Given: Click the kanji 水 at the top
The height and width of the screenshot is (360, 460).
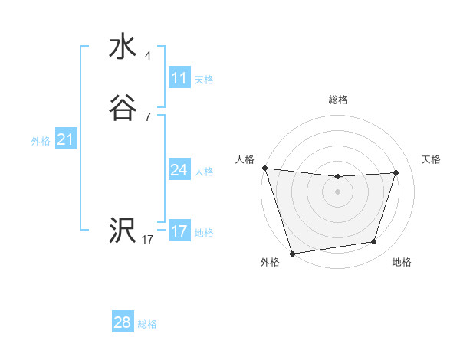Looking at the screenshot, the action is (x=122, y=47).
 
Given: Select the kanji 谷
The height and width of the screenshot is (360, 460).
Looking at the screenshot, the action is (x=122, y=109).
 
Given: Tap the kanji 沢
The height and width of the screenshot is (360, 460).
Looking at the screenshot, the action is (x=122, y=231).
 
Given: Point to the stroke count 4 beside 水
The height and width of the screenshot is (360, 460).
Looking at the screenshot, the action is (x=148, y=56).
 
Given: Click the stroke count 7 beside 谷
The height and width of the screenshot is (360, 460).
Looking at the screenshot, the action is (x=148, y=117).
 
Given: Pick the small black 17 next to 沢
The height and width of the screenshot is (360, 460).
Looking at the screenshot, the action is (x=147, y=240).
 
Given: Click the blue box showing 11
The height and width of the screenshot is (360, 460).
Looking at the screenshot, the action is (x=179, y=78).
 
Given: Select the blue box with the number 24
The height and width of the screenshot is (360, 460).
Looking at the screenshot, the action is (x=179, y=170).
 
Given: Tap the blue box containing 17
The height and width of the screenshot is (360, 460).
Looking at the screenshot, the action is (x=179, y=231).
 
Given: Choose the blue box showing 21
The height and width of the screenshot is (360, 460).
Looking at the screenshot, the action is (x=66, y=139).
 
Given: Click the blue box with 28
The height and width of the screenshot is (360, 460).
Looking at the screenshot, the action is (x=123, y=322).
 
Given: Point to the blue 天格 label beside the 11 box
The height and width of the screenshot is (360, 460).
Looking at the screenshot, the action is (x=204, y=79).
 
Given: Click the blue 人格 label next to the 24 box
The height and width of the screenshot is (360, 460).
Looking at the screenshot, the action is (x=204, y=171).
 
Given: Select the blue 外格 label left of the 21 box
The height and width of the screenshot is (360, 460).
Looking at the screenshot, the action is (x=41, y=140).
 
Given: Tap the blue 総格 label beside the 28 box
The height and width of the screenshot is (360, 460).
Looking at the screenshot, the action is (x=147, y=324).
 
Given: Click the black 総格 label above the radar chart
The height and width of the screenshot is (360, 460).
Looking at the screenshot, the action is (x=338, y=100).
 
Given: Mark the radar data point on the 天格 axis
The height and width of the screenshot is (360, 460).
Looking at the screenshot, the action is (x=396, y=172).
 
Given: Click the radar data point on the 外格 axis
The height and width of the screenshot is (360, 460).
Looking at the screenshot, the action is (x=292, y=253).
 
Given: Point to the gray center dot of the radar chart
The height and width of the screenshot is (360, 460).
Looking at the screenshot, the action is (x=338, y=191).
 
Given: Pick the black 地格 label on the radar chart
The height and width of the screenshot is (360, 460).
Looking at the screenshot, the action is (x=402, y=263).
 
